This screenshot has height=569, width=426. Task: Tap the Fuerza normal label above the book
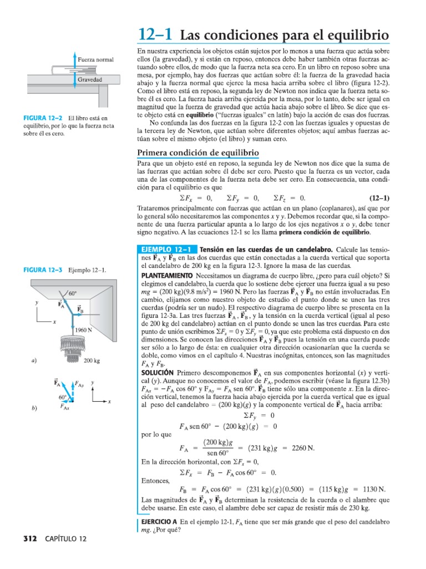tap(96, 59)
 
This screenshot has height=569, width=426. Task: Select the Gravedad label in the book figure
tap(89, 79)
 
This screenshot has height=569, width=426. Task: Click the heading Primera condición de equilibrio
tap(197, 153)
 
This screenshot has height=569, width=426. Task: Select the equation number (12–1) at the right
tap(379, 198)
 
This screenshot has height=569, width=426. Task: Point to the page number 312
tap(31, 538)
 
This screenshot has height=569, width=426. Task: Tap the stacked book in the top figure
tap(64, 70)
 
